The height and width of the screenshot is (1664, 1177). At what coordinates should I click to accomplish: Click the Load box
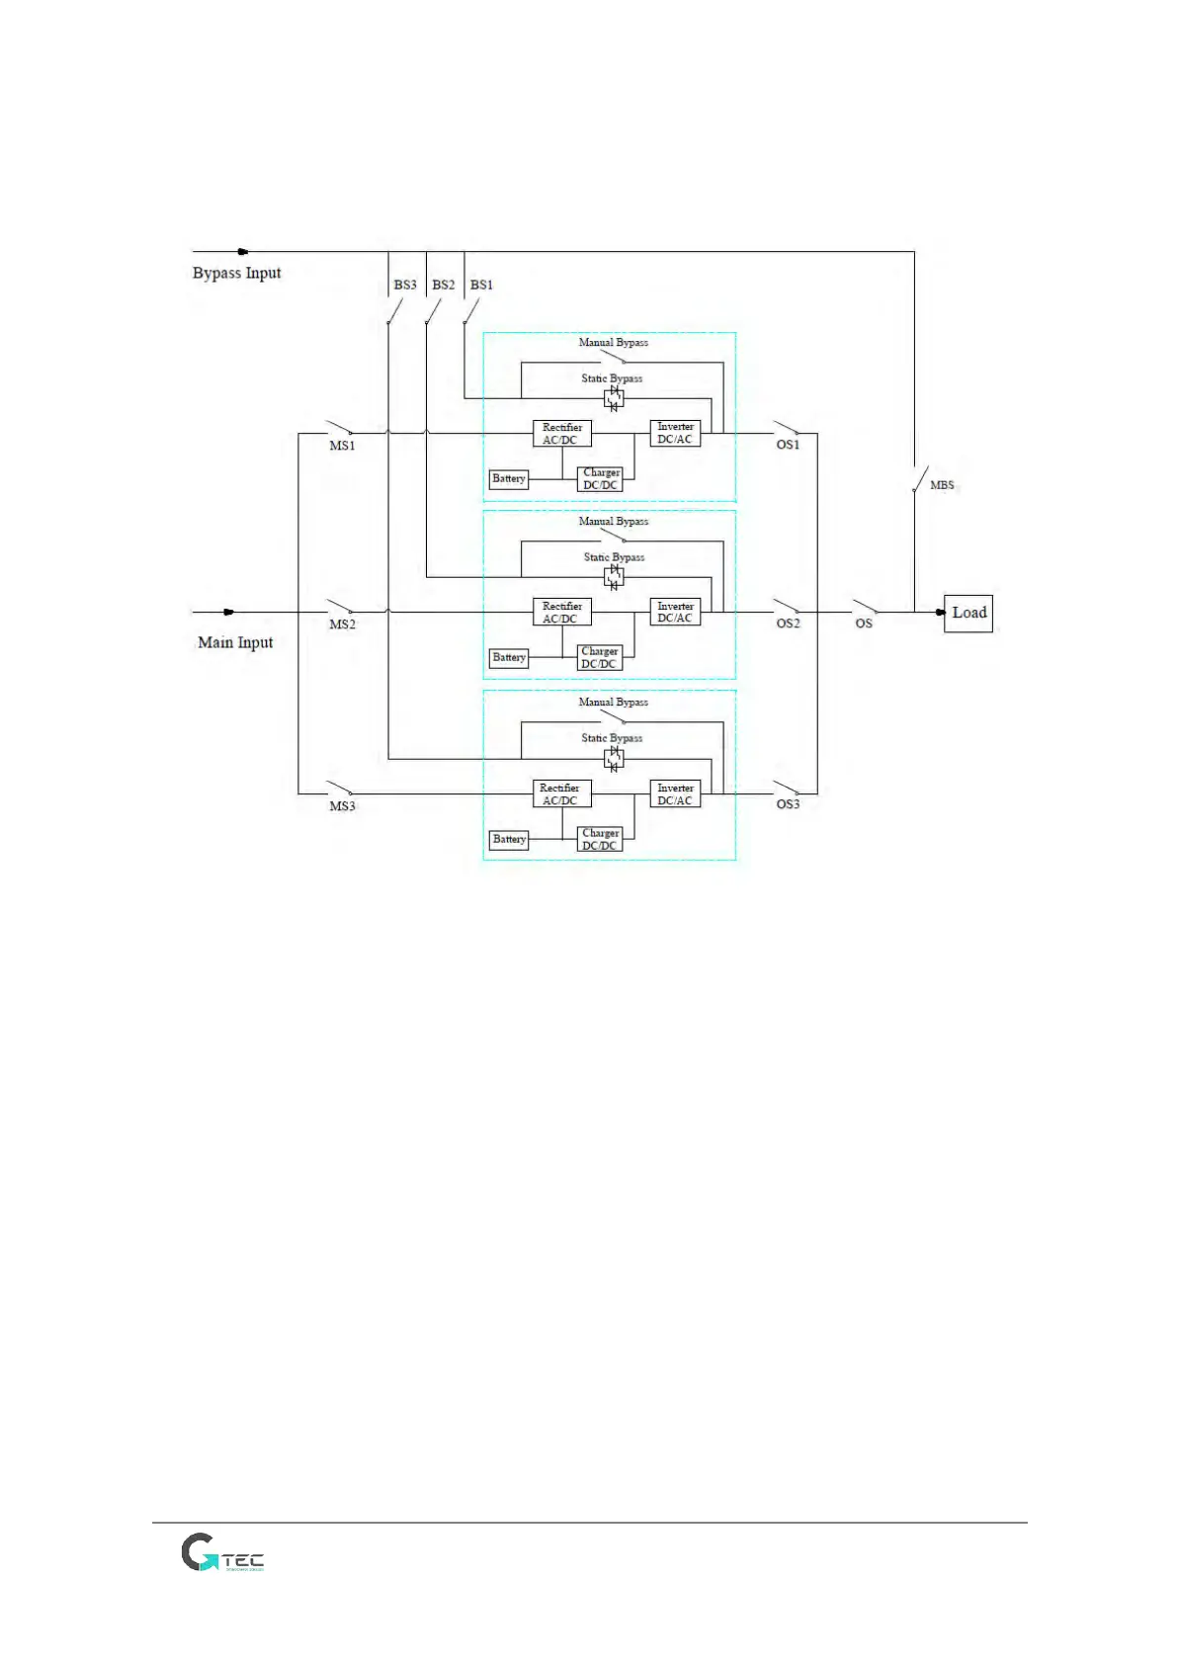coord(967,614)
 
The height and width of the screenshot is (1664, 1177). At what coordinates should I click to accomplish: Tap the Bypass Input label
coord(236,273)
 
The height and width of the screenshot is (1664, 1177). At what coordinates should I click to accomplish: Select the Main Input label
coord(235,642)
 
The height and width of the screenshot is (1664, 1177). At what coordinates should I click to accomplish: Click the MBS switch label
coord(942,485)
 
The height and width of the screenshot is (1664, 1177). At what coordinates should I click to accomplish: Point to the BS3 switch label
coord(405,285)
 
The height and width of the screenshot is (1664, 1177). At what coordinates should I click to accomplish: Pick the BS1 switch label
coord(481,285)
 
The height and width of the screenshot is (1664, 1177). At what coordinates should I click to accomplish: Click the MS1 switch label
coord(342,446)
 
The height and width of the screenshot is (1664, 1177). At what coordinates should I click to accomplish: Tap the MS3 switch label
coord(342,806)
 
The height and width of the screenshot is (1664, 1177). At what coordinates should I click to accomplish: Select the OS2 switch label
coord(788,624)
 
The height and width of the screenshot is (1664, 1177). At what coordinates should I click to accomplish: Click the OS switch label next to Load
coord(864,624)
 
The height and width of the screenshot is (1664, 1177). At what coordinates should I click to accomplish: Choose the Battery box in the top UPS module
coord(509,479)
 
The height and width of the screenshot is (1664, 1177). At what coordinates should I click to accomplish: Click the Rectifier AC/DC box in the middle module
coord(561,613)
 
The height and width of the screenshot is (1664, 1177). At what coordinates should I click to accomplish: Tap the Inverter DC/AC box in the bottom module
coord(675,794)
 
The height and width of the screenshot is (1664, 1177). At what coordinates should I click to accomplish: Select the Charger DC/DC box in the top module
coord(600,479)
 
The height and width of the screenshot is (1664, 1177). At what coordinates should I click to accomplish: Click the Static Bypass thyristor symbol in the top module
coord(614,398)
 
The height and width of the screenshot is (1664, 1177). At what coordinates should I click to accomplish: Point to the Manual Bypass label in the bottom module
coord(613,703)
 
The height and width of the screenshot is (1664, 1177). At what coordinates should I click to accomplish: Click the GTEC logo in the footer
coord(222,1553)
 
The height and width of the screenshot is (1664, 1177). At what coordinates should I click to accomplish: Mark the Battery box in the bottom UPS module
coord(509,840)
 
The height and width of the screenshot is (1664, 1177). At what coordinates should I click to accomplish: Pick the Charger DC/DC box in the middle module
coord(600,658)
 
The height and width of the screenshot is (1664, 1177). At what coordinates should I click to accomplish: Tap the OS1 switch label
coord(788,445)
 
